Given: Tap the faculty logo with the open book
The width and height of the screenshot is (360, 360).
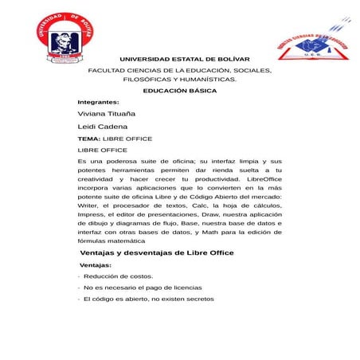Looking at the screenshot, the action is click(314, 45).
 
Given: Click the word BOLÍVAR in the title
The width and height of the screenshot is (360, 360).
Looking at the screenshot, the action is click(231, 59).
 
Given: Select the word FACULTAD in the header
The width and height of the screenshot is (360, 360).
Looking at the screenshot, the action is click(106, 70).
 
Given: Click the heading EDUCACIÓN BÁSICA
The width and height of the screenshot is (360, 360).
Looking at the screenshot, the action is click(179, 91).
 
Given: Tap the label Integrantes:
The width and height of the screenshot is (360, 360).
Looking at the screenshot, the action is click(98, 103).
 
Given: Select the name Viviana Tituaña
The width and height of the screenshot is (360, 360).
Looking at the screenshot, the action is click(107, 115).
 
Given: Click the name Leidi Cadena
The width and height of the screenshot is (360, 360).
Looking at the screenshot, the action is click(102, 127).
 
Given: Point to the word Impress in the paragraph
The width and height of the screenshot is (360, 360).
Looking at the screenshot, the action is click(91, 214).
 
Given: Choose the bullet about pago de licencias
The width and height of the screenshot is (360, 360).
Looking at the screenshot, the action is click(143, 288).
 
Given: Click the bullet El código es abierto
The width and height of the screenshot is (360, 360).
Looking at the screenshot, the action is click(148, 299).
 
